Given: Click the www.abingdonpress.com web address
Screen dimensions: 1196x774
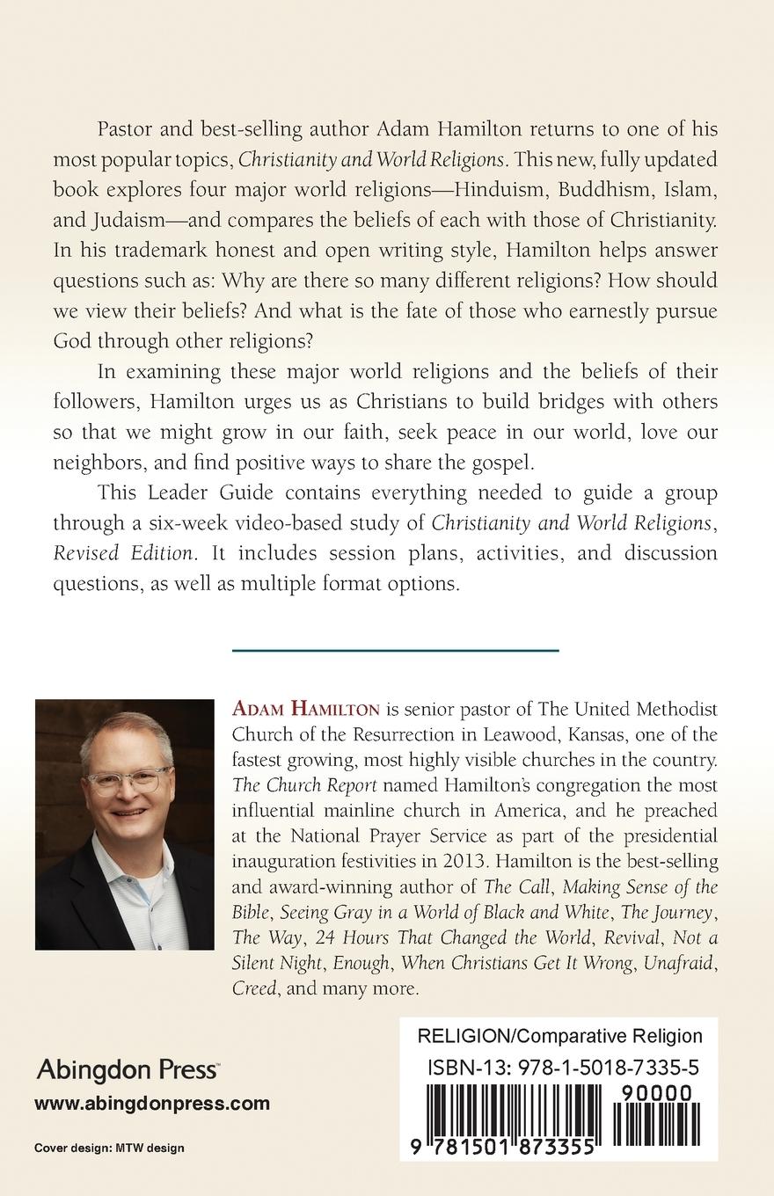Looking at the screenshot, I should click(x=151, y=1104).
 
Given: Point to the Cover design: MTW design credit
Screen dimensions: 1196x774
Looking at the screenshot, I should click(x=109, y=1149).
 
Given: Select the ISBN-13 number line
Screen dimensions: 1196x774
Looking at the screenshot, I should click(x=563, y=1068).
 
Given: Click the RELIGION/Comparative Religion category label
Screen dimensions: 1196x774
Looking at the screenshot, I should click(x=560, y=1036).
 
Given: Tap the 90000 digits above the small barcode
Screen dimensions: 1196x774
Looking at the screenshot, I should click(x=655, y=1093).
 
